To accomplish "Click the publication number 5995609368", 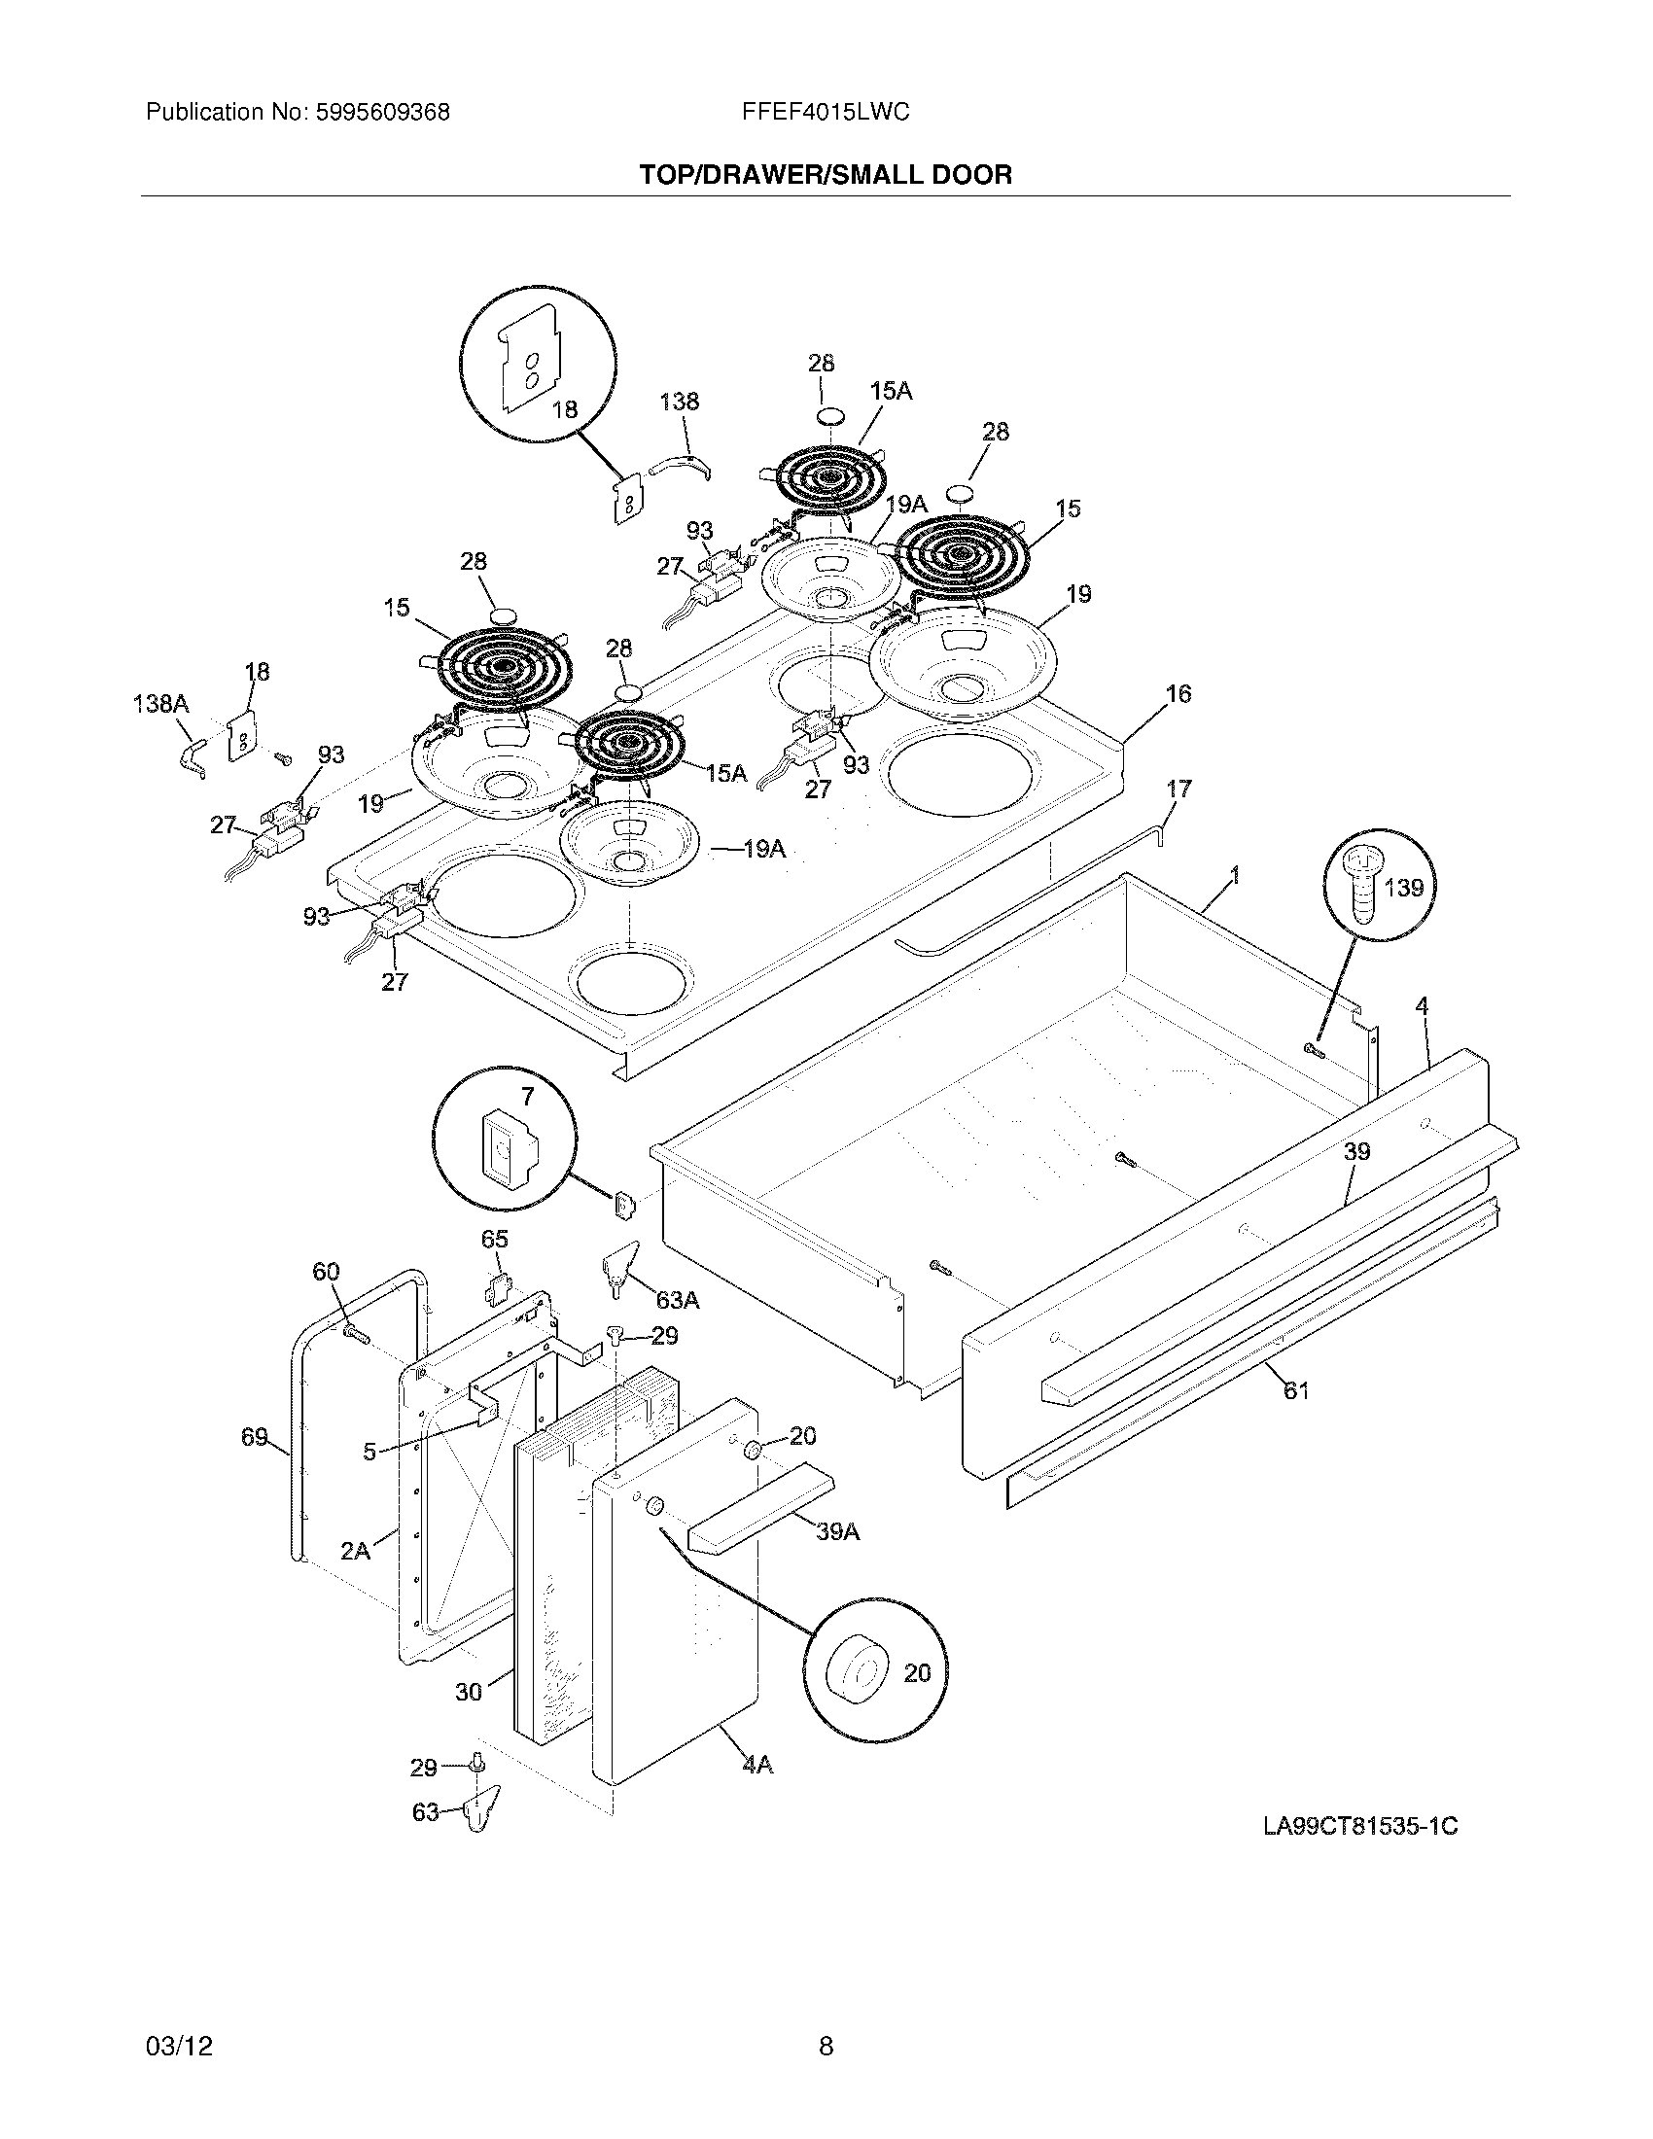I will coord(382,113).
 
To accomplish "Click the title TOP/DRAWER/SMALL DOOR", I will coord(826,175).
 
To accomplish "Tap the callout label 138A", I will coord(161,703).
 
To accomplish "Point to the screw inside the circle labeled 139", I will coord(1362,888).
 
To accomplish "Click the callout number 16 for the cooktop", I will coord(1178,693).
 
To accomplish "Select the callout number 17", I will coord(1179,789).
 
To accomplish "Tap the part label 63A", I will coord(678,1300).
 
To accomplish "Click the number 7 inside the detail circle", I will coord(527,1096).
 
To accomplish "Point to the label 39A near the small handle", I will coord(837,1531).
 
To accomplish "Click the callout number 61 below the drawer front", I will coord(1295,1389).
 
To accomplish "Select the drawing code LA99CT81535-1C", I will coord(1360,1827).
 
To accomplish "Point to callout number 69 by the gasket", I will coord(255,1437).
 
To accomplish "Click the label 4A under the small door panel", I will coord(756,1765).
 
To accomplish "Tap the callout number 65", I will coord(495,1239).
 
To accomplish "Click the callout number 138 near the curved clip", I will coord(679,402).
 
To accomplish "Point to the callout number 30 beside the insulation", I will coord(469,1691).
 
